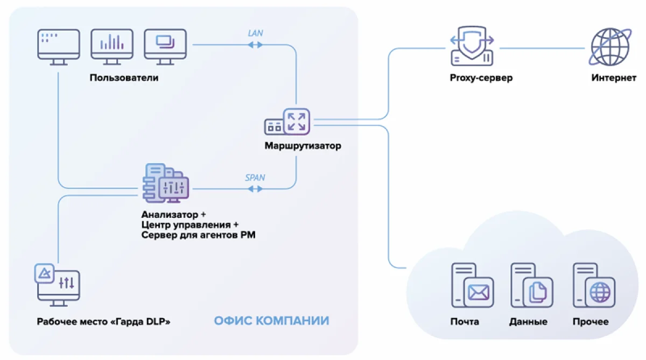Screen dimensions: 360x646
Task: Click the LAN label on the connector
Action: [255, 33]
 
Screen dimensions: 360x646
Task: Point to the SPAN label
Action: [255, 177]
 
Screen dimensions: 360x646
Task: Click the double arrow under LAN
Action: [255, 45]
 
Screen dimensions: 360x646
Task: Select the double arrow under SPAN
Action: [255, 189]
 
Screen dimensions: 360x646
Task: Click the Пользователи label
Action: [124, 78]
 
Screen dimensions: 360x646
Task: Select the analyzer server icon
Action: [165, 183]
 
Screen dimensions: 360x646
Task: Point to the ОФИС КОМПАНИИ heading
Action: [271, 321]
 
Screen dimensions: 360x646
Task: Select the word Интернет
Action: [613, 78]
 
